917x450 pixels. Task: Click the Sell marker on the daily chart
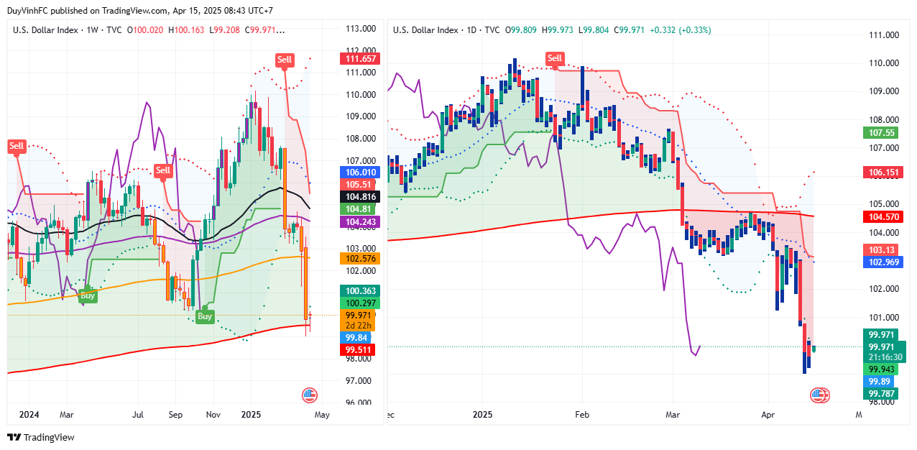(x=554, y=58)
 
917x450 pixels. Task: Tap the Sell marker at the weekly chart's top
(x=285, y=59)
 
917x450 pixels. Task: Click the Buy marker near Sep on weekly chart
(x=205, y=316)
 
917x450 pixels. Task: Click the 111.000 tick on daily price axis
(x=883, y=35)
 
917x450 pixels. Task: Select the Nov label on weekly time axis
(x=213, y=415)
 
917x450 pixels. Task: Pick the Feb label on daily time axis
(x=581, y=415)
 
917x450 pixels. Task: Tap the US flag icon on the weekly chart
(x=309, y=395)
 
